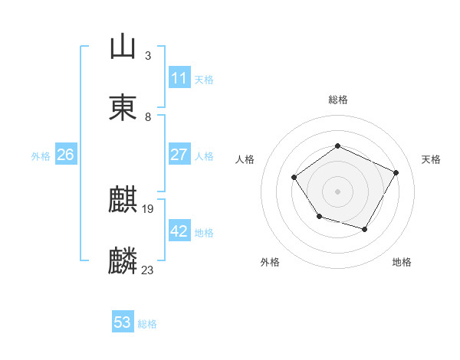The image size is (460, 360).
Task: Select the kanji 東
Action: click(123, 107)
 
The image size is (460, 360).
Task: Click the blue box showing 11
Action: click(179, 78)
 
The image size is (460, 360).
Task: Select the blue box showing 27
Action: click(179, 155)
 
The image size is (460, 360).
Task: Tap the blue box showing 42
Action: click(179, 231)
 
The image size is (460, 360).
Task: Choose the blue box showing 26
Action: click(65, 155)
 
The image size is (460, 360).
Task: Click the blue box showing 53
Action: click(122, 322)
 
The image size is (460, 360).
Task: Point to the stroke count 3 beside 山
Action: click(148, 55)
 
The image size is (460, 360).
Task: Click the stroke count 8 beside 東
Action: click(148, 116)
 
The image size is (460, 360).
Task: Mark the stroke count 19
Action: click(148, 208)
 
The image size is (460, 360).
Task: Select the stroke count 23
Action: click(148, 270)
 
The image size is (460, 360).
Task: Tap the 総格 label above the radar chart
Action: click(337, 100)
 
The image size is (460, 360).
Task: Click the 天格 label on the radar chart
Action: click(431, 159)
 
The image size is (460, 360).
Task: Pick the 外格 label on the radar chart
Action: click(270, 262)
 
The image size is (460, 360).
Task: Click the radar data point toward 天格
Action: click(396, 172)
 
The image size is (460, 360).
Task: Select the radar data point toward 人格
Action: click(294, 177)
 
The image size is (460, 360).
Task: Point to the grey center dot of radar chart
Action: click(337, 191)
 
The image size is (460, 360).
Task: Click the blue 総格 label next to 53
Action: click(147, 324)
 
